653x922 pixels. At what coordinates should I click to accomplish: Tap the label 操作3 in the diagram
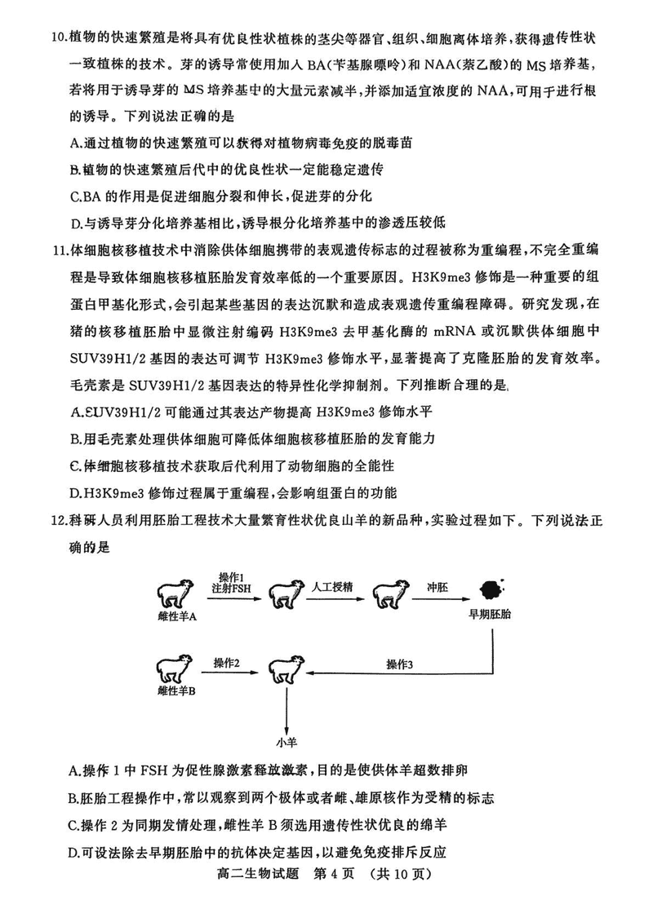click(x=400, y=664)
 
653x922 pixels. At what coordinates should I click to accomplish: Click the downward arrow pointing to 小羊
click(x=287, y=709)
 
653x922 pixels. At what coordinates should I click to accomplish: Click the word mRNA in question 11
click(x=438, y=333)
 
